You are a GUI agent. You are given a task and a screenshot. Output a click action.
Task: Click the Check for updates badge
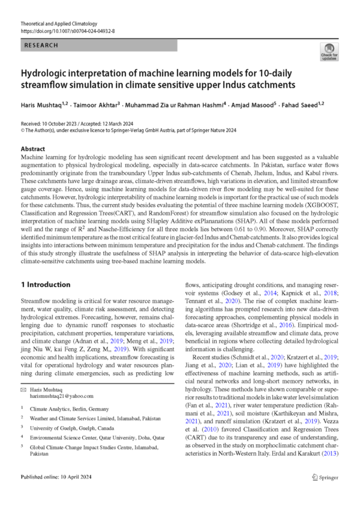coord(329,52)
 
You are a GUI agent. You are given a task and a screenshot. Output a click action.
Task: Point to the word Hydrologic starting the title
coord(49,71)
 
